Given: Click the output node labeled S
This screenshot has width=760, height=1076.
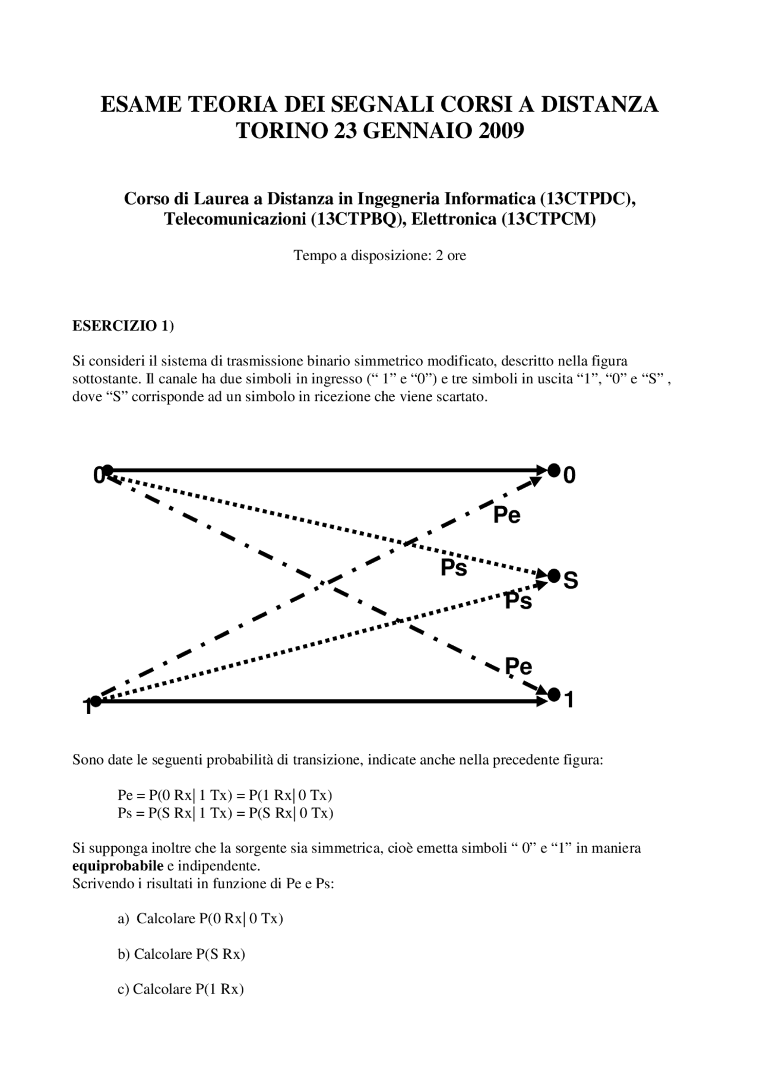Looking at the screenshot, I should coord(553,575).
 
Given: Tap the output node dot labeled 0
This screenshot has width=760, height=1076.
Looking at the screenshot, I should coord(553,471).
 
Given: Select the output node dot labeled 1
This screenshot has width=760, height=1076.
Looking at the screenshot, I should coord(554,694).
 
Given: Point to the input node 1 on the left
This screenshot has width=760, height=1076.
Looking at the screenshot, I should coord(96,702).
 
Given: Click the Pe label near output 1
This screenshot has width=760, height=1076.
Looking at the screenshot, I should coord(518,667).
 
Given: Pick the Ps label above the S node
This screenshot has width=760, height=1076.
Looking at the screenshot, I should coord(454,568).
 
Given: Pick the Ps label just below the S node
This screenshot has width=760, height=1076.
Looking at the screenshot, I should coord(518,601).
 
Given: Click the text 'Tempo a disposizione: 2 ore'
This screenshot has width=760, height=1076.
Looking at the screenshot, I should coord(380,255).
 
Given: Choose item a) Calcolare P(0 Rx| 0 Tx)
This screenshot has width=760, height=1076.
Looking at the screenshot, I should coord(201,919).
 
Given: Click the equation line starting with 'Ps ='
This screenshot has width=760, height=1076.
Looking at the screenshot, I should coord(226,813).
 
